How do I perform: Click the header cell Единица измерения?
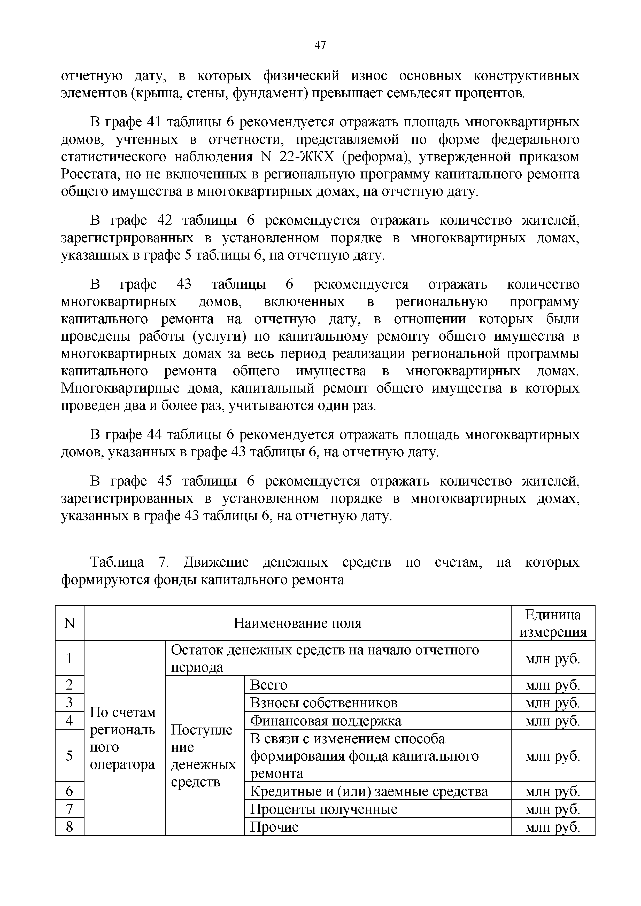[x=553, y=623]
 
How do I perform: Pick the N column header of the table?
[x=69, y=623]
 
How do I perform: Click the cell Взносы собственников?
[x=324, y=703]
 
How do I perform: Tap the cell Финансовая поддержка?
[x=326, y=721]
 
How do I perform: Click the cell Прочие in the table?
[x=275, y=827]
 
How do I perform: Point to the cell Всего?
[x=269, y=685]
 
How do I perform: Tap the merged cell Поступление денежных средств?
[x=203, y=756]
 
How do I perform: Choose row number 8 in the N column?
[x=69, y=827]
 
